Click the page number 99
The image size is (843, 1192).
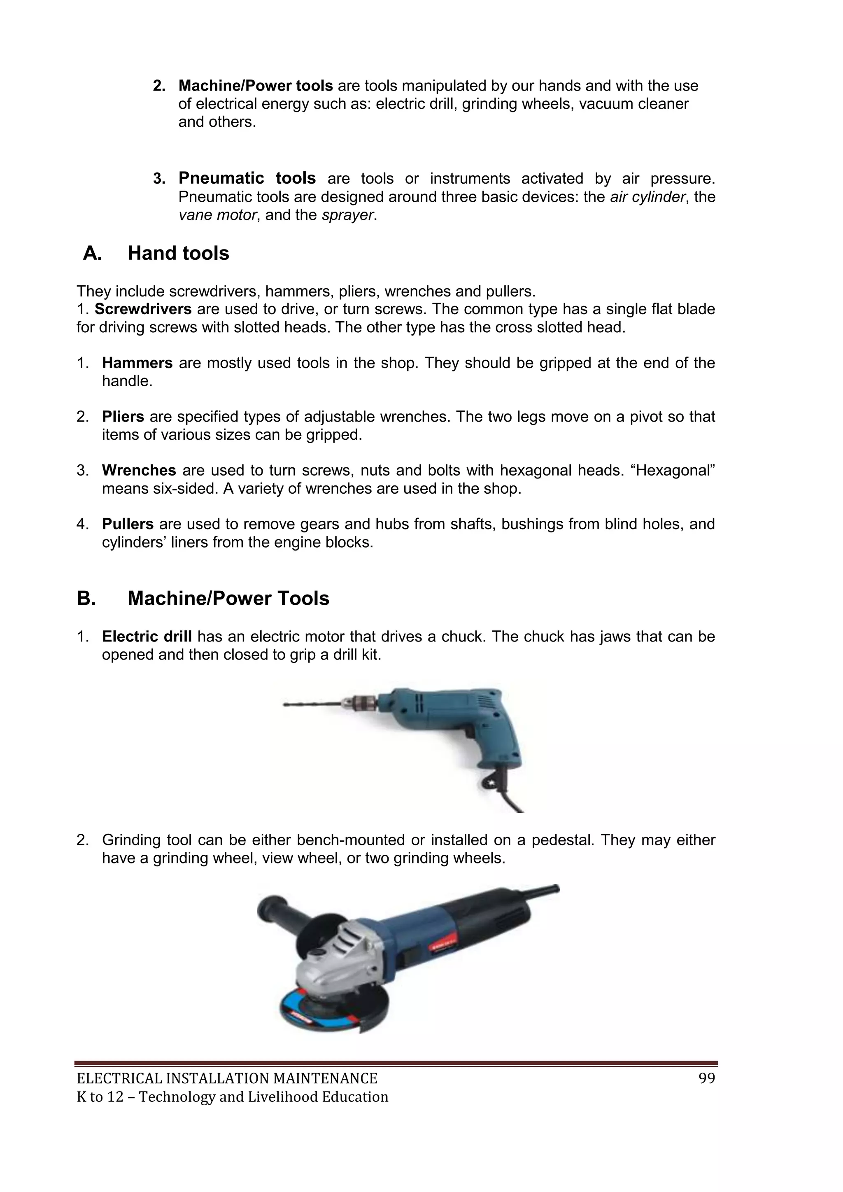coord(706,1079)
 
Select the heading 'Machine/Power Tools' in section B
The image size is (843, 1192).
coord(228,599)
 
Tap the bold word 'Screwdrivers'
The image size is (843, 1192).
coord(143,309)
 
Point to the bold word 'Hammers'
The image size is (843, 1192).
coord(137,363)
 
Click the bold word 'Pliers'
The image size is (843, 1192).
coord(123,417)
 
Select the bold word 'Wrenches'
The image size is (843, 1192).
coord(139,470)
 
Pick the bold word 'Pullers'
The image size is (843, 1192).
coord(128,524)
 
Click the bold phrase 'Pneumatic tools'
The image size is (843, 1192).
coord(247,178)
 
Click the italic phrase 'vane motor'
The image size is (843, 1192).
coord(217,215)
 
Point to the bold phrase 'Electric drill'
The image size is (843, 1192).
coord(147,637)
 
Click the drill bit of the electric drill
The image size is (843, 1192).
coord(312,704)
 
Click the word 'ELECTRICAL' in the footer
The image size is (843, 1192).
coord(119,1079)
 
